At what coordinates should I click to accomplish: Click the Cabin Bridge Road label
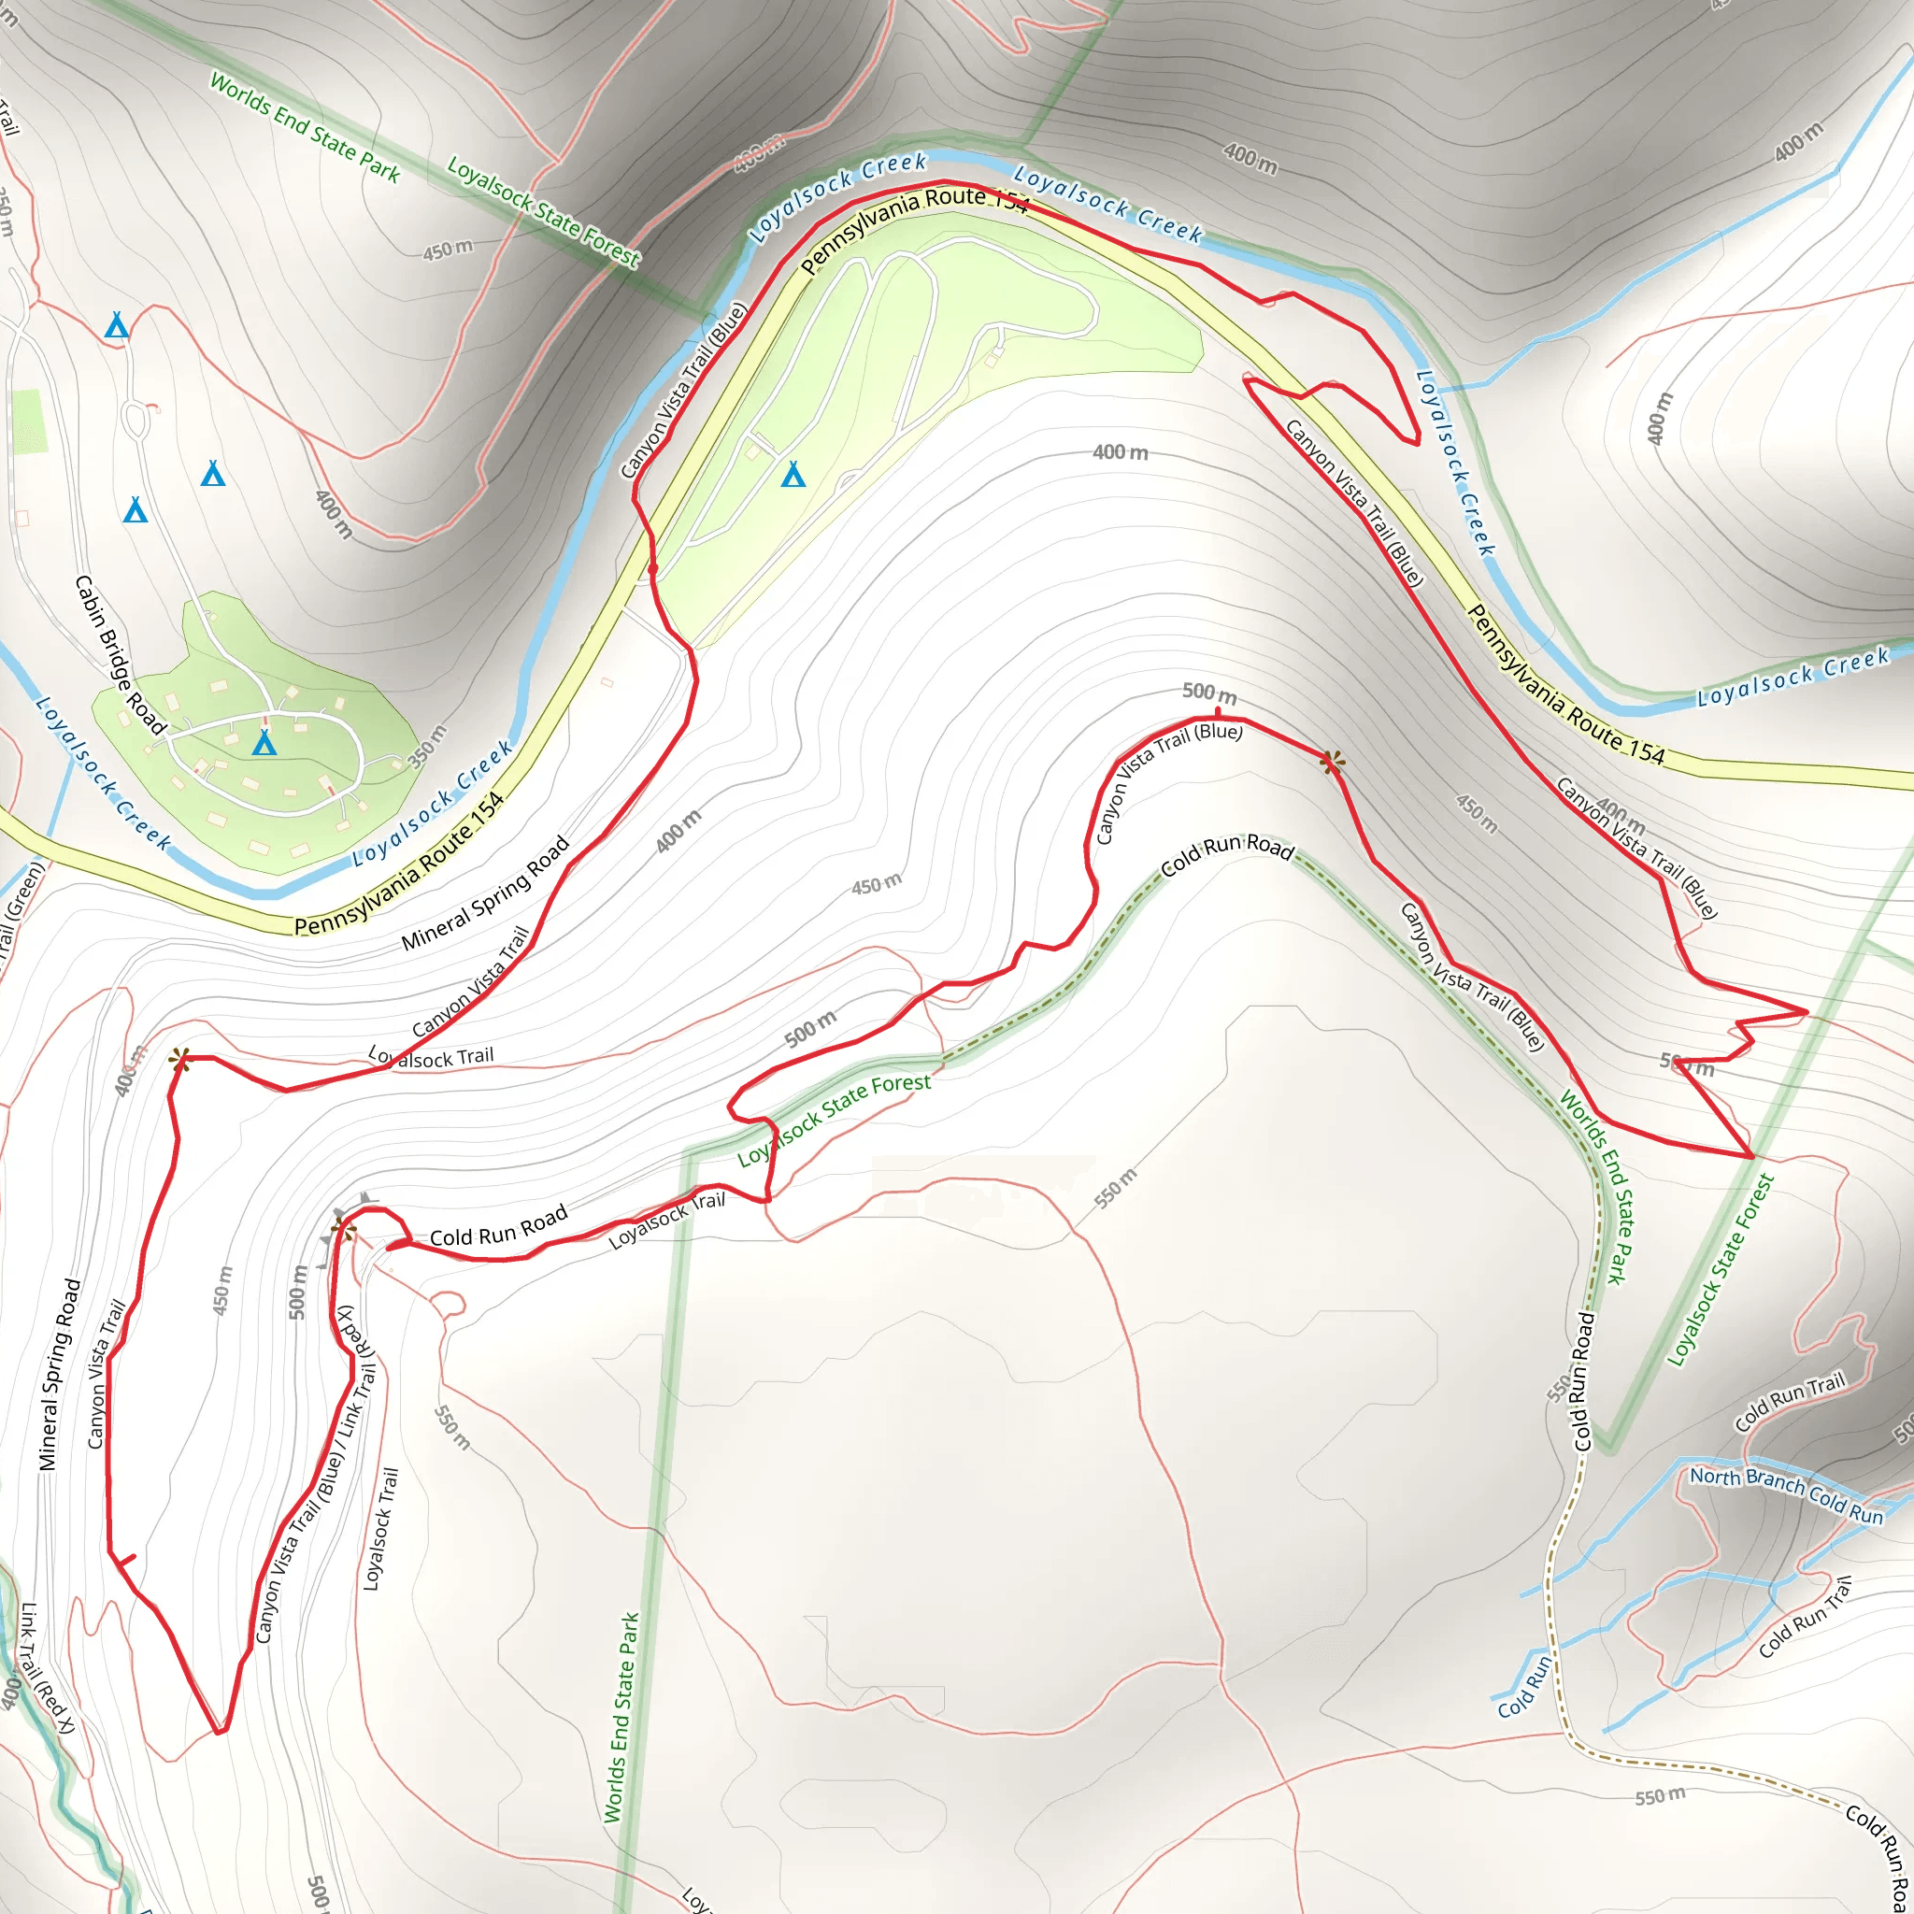coord(120,655)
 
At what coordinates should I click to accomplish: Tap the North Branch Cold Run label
coord(1786,1494)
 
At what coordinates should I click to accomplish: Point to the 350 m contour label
coord(428,746)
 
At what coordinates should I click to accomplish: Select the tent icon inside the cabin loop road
coord(264,743)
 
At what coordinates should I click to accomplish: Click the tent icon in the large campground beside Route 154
coord(793,475)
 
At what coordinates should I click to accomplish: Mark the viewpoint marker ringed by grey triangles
coord(344,1231)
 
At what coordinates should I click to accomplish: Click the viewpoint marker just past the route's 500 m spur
coord(1333,762)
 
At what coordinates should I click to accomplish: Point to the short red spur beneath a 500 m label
coord(1218,710)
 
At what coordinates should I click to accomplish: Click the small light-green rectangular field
coord(29,421)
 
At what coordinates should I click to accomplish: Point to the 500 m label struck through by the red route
coord(1687,1066)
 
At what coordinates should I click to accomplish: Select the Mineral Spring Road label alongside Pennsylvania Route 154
coord(485,893)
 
